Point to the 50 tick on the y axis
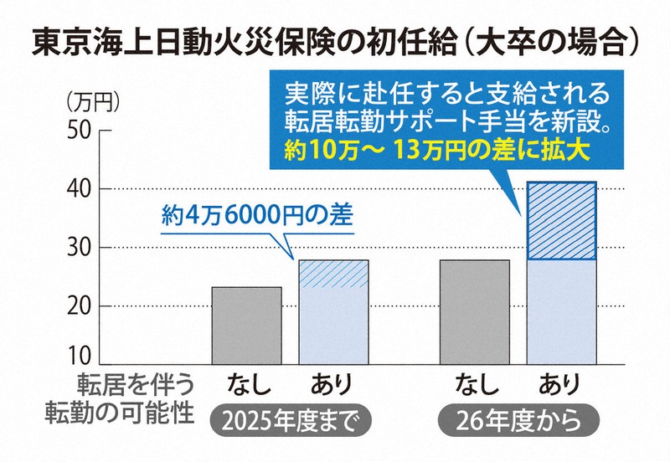(x=81, y=131)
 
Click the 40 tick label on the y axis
(x=81, y=189)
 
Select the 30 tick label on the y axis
(x=81, y=248)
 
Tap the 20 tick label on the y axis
(x=81, y=306)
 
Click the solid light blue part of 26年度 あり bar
(x=560, y=311)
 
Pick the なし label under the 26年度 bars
(x=475, y=386)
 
